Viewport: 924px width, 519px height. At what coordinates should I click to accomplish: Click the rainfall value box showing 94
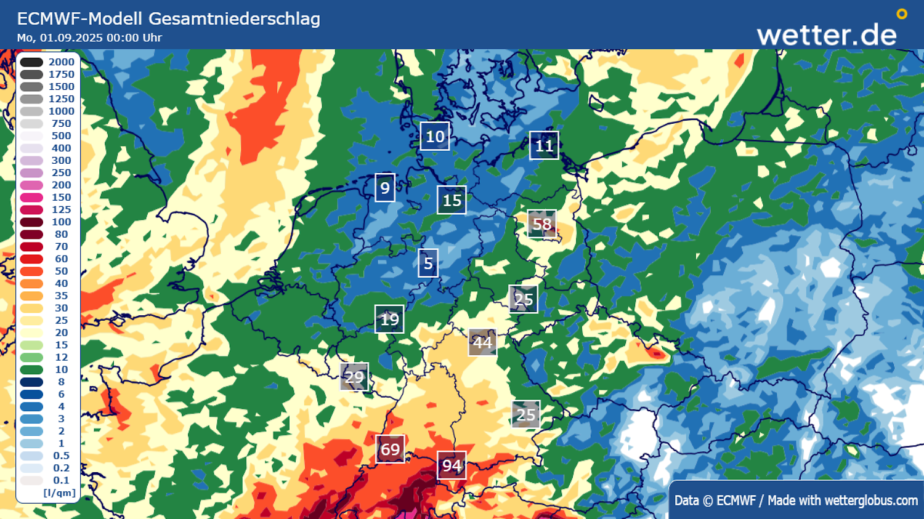(x=452, y=466)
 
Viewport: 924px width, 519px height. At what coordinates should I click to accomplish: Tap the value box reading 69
(x=390, y=449)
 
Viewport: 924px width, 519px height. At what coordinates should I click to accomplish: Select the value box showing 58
(x=542, y=224)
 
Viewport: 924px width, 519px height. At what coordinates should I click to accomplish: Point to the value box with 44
(x=482, y=342)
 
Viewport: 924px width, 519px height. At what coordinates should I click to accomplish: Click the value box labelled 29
(x=354, y=377)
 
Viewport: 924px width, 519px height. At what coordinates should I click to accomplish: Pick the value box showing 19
(x=389, y=320)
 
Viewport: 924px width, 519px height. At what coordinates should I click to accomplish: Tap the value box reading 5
(x=428, y=264)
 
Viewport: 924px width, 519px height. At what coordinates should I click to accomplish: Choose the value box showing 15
(x=452, y=200)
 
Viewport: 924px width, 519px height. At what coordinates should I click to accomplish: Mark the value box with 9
(x=385, y=188)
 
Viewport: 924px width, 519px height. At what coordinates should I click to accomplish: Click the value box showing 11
(x=544, y=146)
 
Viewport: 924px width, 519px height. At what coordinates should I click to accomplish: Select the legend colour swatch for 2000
(x=31, y=62)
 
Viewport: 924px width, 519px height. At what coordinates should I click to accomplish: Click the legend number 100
(x=61, y=222)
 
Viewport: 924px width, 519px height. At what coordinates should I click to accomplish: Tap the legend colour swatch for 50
(x=31, y=271)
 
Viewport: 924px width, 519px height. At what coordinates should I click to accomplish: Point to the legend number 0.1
(x=61, y=480)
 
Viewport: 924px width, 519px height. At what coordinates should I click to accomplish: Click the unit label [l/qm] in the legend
(x=59, y=493)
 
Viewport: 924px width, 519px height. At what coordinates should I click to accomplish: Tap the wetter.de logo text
(x=827, y=35)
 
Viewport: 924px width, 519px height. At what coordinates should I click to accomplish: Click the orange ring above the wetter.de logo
(x=902, y=14)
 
